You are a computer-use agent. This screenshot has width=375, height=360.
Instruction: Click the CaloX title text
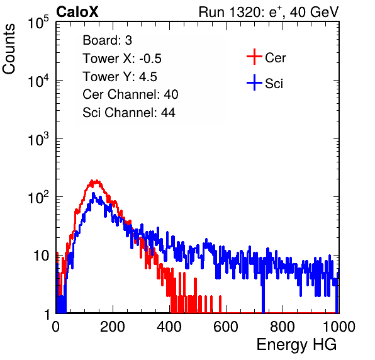(x=77, y=12)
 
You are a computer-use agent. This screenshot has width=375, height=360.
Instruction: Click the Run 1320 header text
(x=269, y=12)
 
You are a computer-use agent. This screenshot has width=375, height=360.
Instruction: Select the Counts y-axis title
(x=9, y=49)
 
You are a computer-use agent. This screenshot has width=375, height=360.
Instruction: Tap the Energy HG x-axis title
(x=296, y=345)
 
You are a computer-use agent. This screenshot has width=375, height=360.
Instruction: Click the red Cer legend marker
(x=254, y=57)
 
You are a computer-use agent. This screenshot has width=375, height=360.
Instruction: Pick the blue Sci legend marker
(x=254, y=82)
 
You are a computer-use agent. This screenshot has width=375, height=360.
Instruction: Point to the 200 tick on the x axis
(x=113, y=327)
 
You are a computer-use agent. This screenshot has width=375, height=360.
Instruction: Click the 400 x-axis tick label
(x=169, y=327)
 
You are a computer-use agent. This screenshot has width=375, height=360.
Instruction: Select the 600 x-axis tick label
(x=226, y=327)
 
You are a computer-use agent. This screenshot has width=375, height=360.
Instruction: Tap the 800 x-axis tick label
(x=283, y=327)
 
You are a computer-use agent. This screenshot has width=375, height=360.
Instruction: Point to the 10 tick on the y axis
(x=41, y=256)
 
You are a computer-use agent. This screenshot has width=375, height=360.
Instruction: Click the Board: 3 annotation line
(x=107, y=40)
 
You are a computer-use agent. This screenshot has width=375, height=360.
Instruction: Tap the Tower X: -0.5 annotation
(x=122, y=59)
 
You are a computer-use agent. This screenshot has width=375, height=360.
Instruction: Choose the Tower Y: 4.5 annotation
(x=120, y=77)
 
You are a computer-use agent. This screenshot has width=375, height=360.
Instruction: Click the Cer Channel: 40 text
(x=130, y=94)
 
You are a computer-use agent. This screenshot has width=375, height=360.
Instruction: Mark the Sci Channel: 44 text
(x=129, y=113)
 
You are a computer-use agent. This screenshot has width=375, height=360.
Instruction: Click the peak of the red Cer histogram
(x=92, y=180)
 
